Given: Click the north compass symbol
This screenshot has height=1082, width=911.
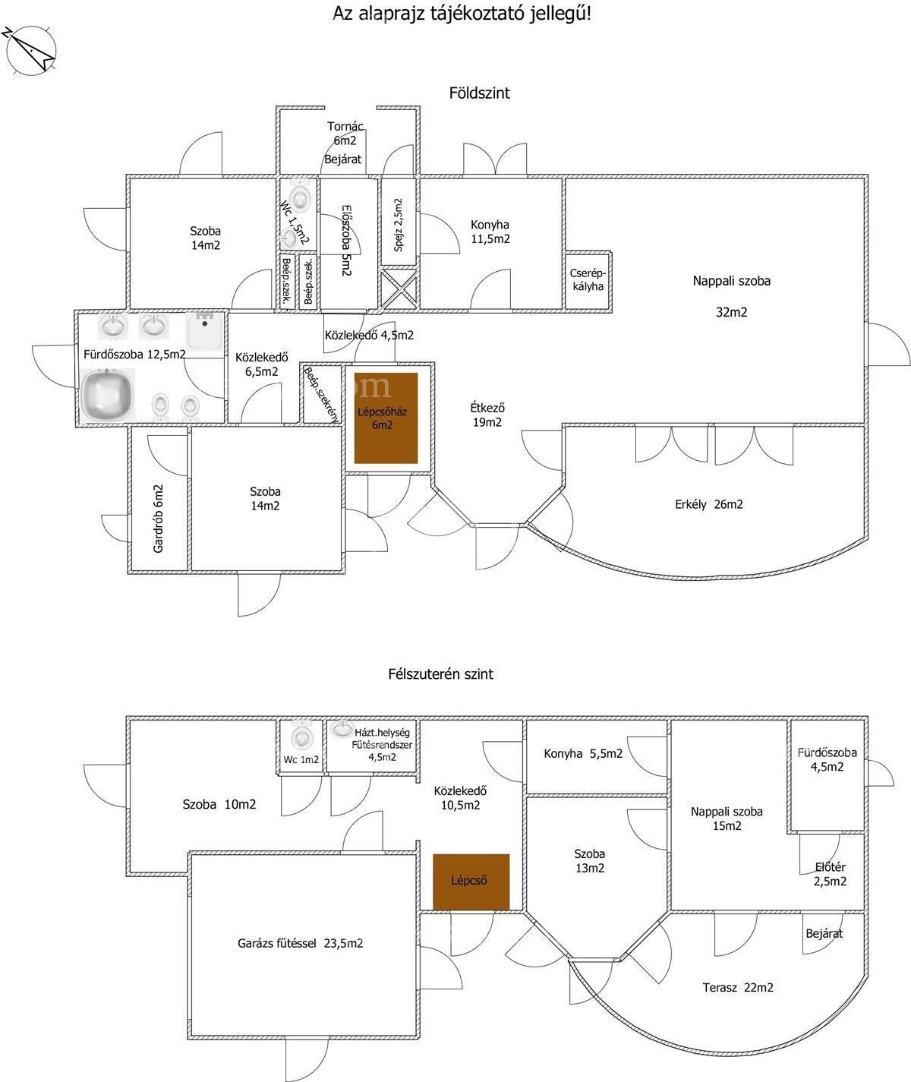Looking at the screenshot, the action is tap(30, 51).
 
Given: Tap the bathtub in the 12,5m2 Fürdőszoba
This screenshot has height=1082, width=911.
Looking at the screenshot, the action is tap(108, 394).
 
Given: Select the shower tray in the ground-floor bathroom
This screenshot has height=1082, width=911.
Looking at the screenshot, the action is tap(205, 330).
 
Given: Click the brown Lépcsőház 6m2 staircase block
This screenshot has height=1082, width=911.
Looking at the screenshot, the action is tap(386, 418).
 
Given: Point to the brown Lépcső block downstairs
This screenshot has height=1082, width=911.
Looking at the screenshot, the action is tap(471, 882).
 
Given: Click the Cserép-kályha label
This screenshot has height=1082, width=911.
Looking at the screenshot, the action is tap(588, 280).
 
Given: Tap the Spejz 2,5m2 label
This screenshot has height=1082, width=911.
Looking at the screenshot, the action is tap(398, 225).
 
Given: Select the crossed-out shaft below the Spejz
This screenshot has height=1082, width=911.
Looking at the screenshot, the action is tap(399, 289).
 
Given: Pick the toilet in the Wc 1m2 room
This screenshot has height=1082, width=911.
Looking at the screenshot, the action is tap(301, 737).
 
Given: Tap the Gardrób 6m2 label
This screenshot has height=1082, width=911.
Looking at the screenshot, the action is tap(158, 519).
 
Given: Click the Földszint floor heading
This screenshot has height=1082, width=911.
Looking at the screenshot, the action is tap(479, 93).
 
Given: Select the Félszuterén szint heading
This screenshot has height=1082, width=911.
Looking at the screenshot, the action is tap(440, 674).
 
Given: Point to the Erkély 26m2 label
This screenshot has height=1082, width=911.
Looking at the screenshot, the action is tap(708, 504).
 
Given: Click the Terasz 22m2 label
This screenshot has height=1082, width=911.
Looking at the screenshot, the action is tap(738, 988).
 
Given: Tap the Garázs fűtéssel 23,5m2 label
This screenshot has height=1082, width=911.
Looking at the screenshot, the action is tap(300, 943).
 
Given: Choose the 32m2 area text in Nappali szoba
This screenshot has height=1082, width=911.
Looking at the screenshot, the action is tap(731, 312).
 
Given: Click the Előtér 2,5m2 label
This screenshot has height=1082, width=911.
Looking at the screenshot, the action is tap(831, 874).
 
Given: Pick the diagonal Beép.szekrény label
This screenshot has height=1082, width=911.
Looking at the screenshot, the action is tap(321, 394).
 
